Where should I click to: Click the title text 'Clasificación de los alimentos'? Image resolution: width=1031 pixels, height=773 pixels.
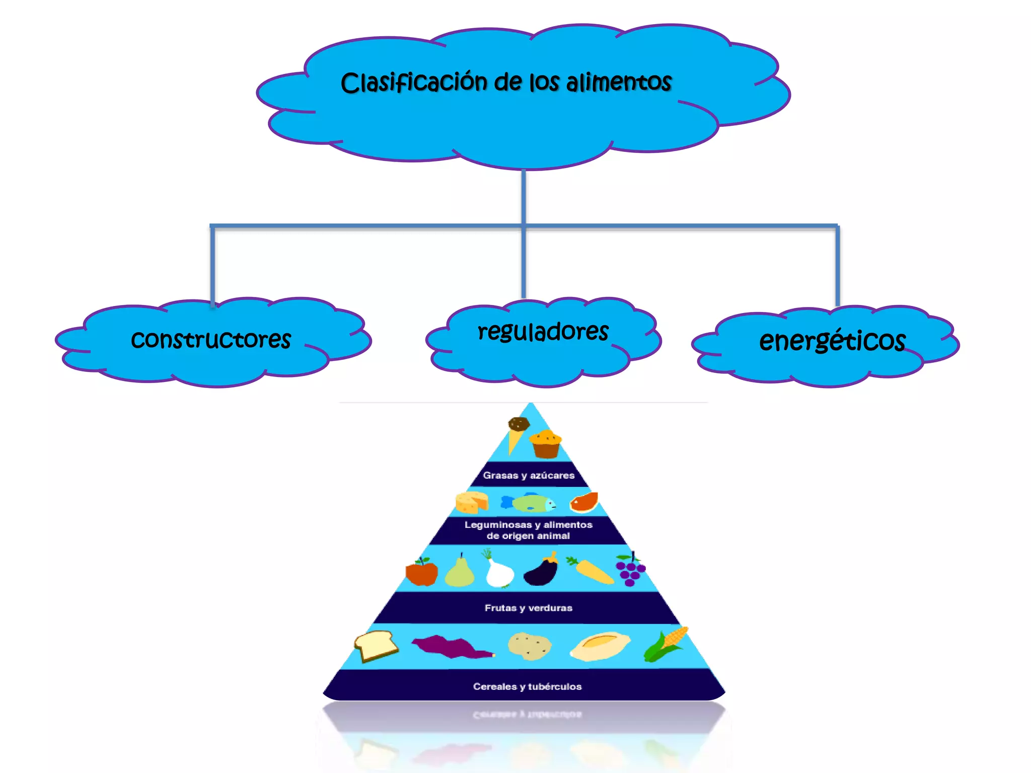[x=506, y=82]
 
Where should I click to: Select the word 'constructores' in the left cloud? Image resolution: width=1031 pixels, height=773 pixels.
[x=211, y=339]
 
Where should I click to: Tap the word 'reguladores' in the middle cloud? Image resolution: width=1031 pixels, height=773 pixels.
[x=543, y=331]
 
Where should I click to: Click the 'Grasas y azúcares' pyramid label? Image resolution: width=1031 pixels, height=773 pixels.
[x=529, y=475]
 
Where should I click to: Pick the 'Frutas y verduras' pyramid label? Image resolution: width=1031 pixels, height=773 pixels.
[x=529, y=608]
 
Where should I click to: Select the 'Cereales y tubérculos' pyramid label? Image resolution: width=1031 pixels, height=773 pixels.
[x=527, y=686]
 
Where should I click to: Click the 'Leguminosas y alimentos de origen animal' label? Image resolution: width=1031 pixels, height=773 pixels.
[x=529, y=530]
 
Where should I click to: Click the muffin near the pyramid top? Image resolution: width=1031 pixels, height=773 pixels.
[x=546, y=444]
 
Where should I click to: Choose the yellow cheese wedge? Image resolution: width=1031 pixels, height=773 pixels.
[x=472, y=502]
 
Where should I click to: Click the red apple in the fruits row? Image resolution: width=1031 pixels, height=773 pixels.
[x=421, y=573]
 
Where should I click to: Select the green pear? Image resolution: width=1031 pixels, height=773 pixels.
[x=460, y=573]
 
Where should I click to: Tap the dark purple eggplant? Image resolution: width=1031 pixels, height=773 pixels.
[x=541, y=572]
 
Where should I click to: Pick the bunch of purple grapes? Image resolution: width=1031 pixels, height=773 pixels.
[x=630, y=571]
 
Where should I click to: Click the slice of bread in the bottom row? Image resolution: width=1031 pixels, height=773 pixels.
[x=376, y=646]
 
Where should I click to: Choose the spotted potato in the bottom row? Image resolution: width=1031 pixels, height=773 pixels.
[x=530, y=646]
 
